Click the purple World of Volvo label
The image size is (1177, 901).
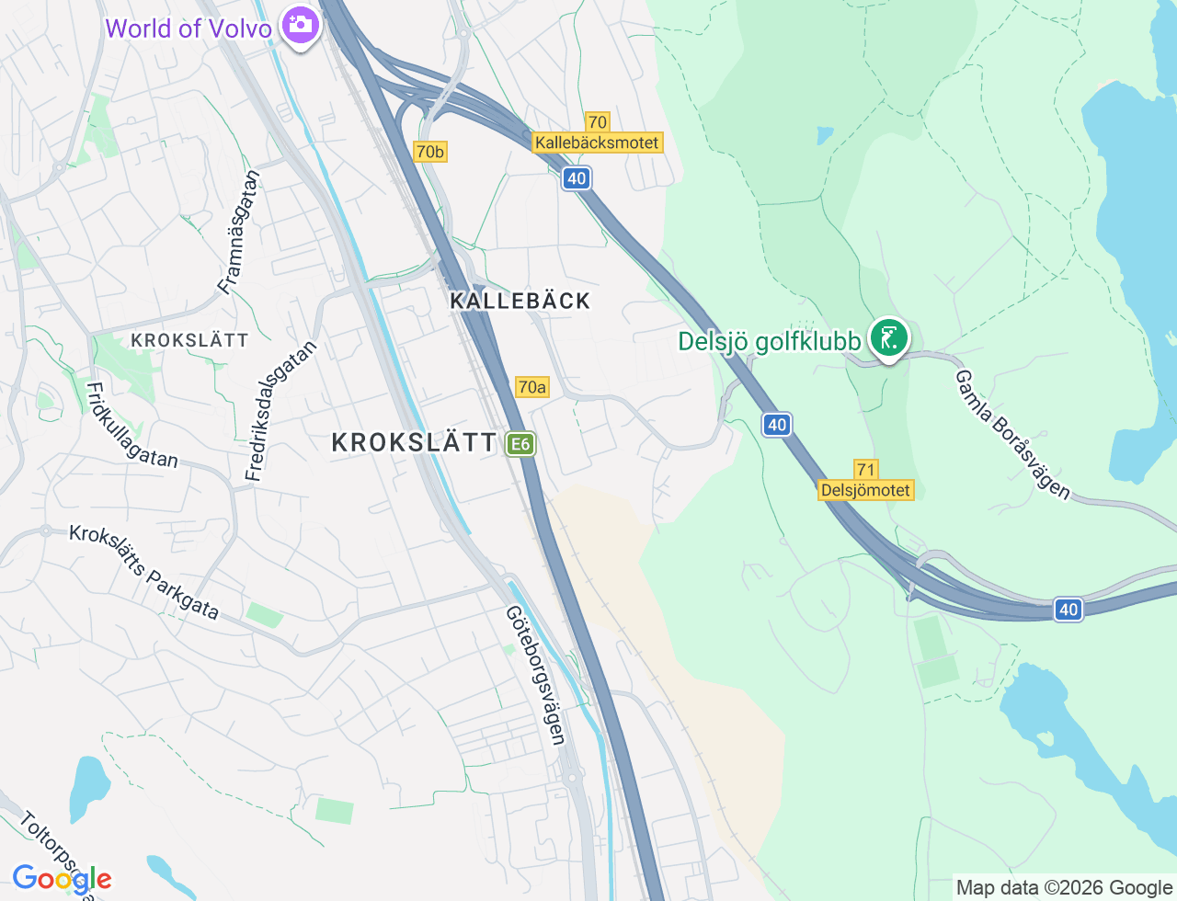[189, 29]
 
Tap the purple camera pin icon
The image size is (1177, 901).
[300, 25]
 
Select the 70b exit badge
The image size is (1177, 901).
[429, 152]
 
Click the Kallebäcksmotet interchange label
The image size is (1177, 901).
[597, 143]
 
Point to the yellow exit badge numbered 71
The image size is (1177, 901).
[865, 470]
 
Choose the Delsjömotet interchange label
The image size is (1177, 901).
[865, 490]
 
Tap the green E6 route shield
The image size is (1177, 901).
[520, 444]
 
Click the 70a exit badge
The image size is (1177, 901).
[531, 387]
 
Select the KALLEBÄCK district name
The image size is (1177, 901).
[520, 301]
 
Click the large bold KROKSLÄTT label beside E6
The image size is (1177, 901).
[414, 443]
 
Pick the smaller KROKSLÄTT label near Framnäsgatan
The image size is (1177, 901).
[189, 340]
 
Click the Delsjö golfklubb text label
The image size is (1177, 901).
[769, 342]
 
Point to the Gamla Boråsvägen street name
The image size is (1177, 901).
[1012, 435]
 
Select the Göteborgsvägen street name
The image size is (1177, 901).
[535, 675]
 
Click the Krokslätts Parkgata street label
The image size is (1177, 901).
[144, 573]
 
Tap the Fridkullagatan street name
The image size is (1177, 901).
[131, 425]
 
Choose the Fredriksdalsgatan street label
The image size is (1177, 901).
[280, 411]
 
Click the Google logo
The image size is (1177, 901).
[62, 879]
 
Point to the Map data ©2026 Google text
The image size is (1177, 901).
[1064, 887]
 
